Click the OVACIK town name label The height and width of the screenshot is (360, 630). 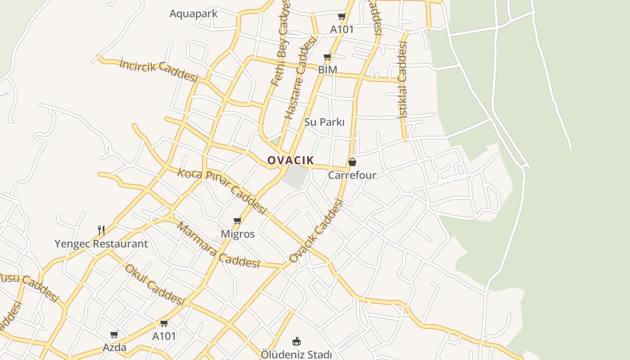tap(291, 160)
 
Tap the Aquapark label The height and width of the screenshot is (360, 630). tap(193, 13)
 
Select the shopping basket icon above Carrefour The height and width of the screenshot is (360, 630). tap(352, 162)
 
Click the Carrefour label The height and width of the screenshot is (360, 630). tap(352, 175)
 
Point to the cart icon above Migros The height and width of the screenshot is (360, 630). tap(237, 220)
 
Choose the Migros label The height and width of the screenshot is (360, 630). tap(238, 234)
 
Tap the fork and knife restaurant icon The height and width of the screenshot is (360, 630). tap(101, 230)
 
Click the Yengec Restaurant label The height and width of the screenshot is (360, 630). tap(101, 244)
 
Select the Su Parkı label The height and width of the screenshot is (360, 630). tap(324, 122)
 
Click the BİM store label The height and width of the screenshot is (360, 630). tap(328, 70)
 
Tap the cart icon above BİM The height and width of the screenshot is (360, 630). tap(328, 57)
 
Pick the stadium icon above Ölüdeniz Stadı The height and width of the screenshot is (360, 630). tap(296, 341)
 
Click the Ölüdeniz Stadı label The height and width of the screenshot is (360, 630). tap(296, 355)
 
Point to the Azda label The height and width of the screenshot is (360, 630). tap(114, 347)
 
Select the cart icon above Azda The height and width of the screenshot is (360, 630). tap(114, 334)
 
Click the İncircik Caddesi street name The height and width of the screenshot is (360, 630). tap(158, 70)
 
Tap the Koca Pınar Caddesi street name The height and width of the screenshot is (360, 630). tap(222, 191)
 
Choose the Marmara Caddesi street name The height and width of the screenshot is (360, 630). tap(218, 245)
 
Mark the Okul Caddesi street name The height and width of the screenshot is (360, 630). tap(154, 284)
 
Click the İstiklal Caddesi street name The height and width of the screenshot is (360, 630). tap(402, 80)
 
